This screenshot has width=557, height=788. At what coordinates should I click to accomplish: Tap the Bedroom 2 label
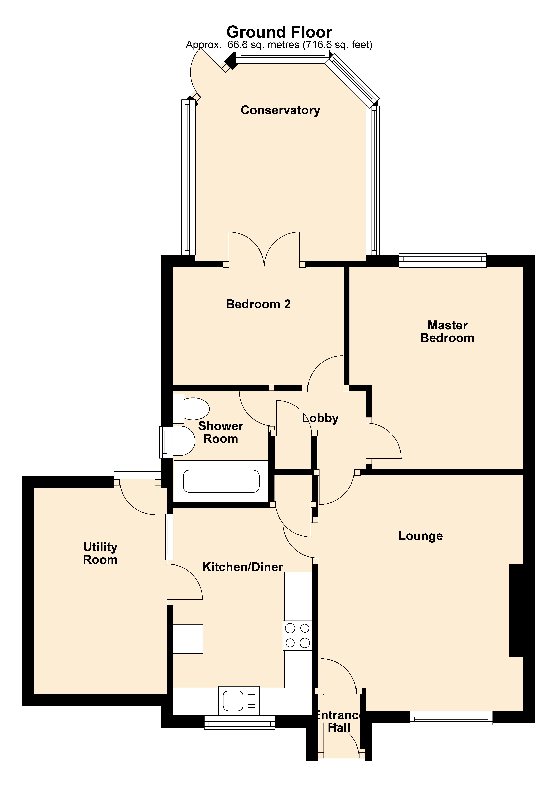coord(258,304)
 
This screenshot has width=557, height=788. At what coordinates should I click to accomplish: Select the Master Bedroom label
coord(447,332)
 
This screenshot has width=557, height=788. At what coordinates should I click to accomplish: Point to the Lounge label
coord(421,536)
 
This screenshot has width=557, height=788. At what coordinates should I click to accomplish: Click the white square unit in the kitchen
coord(188,639)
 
